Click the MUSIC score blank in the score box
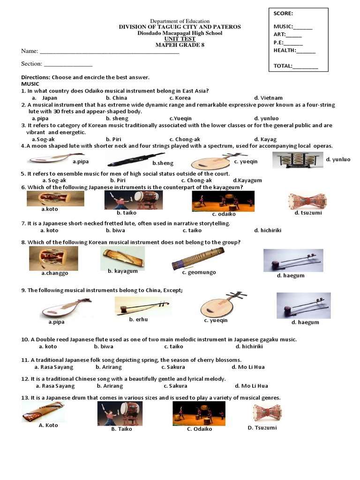(x=303, y=27)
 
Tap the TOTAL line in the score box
(x=305, y=67)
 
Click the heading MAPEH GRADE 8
(x=180, y=45)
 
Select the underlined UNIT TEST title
(x=180, y=39)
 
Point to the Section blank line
(x=68, y=64)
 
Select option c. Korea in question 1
(x=180, y=98)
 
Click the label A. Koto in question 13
(x=48, y=426)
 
